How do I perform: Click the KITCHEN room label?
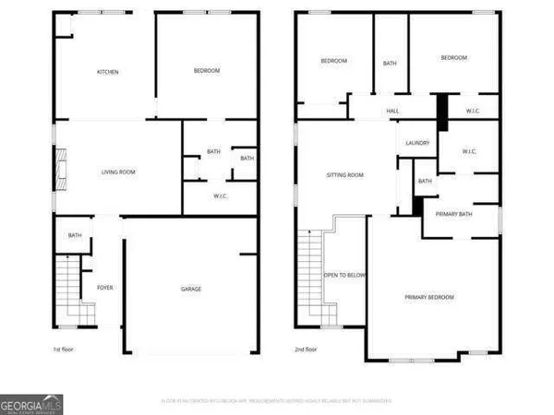click(108, 72)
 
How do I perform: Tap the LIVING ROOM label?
click(118, 172)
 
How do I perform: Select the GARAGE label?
click(190, 289)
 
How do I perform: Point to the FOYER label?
click(105, 288)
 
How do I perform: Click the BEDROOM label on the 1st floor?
click(206, 71)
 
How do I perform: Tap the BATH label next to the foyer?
click(75, 236)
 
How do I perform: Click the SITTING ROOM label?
click(345, 174)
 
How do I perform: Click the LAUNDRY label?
click(418, 143)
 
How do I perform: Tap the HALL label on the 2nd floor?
click(391, 112)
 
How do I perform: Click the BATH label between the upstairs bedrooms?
click(390, 63)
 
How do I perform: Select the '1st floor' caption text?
click(63, 350)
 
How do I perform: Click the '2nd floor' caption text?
click(307, 350)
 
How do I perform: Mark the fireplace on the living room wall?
click(60, 171)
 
